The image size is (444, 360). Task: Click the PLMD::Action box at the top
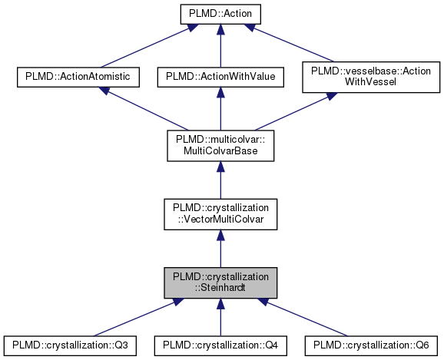[220, 14]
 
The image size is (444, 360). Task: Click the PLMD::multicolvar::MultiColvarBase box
[220, 145]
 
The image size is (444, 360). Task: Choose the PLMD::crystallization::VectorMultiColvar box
[220, 215]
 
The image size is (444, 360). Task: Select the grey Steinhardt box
[220, 284]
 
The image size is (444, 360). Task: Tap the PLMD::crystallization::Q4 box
[220, 345]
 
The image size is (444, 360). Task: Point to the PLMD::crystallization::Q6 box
[371, 345]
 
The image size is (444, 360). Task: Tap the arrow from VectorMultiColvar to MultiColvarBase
[220, 180]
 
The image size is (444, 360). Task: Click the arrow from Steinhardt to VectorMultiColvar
[220, 249]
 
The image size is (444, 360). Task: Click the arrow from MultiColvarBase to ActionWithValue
[220, 107]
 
